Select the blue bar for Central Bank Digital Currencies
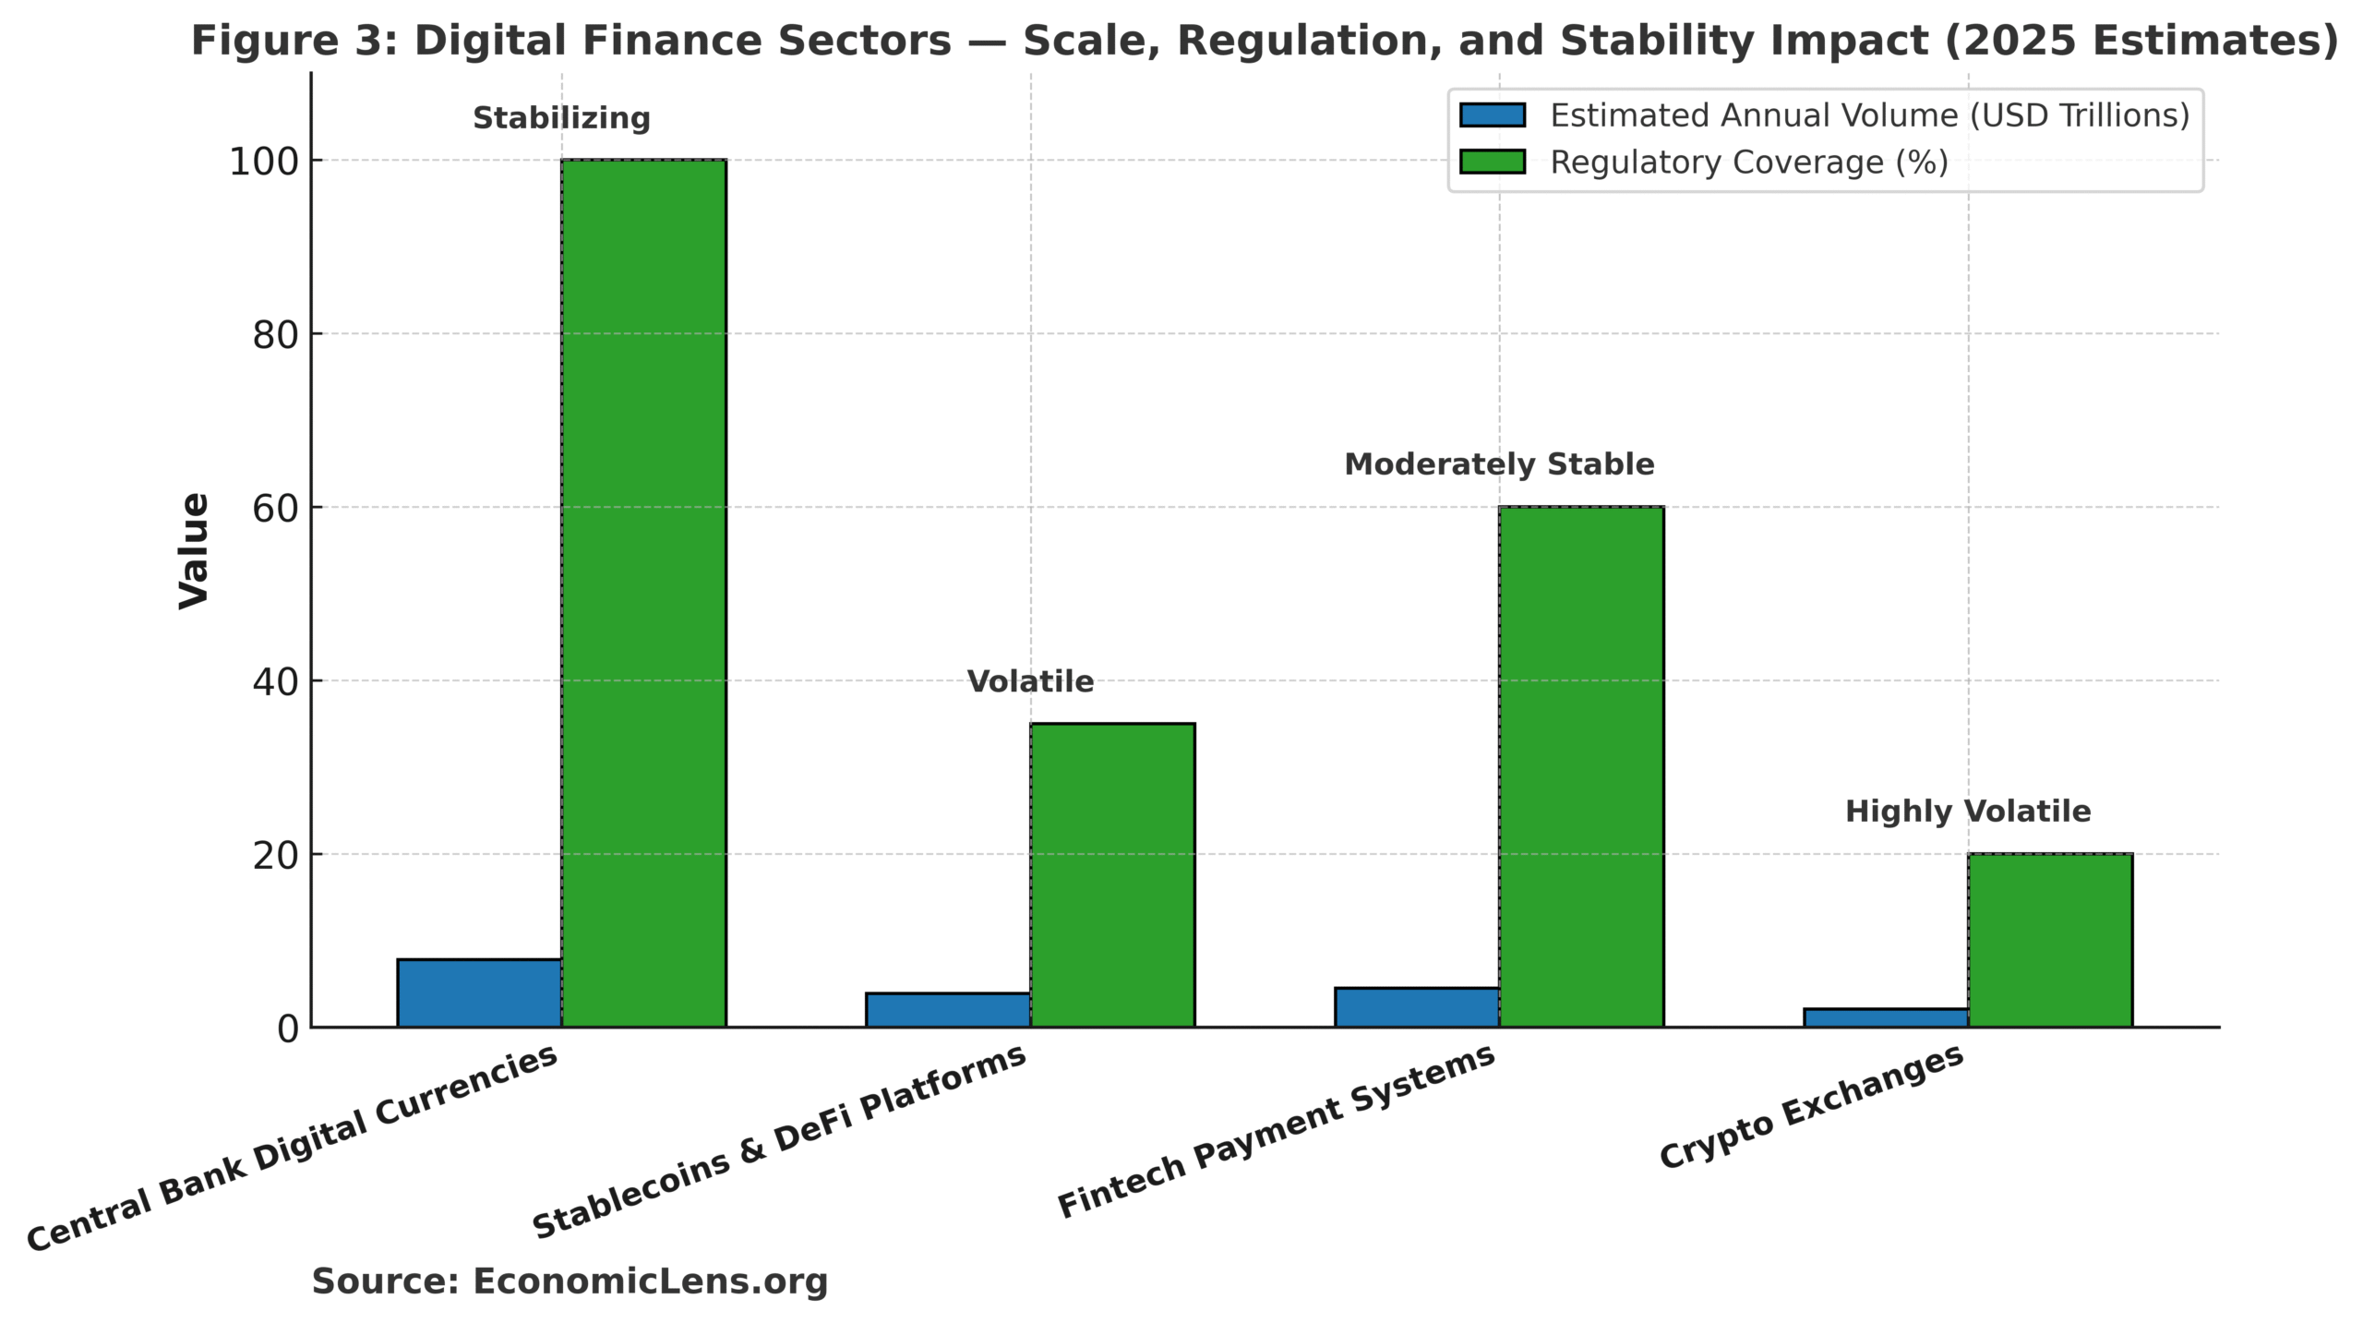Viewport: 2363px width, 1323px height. (x=479, y=993)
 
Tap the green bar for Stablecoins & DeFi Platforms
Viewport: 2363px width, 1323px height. (x=1112, y=874)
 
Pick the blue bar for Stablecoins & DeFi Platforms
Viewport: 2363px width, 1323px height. (x=948, y=1010)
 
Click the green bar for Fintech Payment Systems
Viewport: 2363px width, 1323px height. (x=1581, y=766)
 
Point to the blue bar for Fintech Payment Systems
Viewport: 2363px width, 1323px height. (x=1417, y=1007)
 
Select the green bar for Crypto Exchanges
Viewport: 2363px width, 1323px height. (x=2050, y=940)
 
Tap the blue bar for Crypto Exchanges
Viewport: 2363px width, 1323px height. (x=1886, y=1017)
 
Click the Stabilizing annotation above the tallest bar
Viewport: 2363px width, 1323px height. (x=561, y=118)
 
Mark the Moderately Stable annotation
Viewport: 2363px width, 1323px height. (x=1499, y=464)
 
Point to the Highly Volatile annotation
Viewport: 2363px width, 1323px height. (x=1968, y=812)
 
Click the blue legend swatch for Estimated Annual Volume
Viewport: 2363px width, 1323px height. (x=1492, y=115)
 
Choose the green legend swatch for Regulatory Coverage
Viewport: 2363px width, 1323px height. (x=1492, y=162)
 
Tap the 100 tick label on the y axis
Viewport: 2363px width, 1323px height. (x=264, y=162)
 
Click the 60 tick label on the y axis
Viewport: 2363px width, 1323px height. (x=275, y=509)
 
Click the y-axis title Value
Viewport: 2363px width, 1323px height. (x=195, y=550)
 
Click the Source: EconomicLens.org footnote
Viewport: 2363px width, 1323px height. (x=570, y=1281)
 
